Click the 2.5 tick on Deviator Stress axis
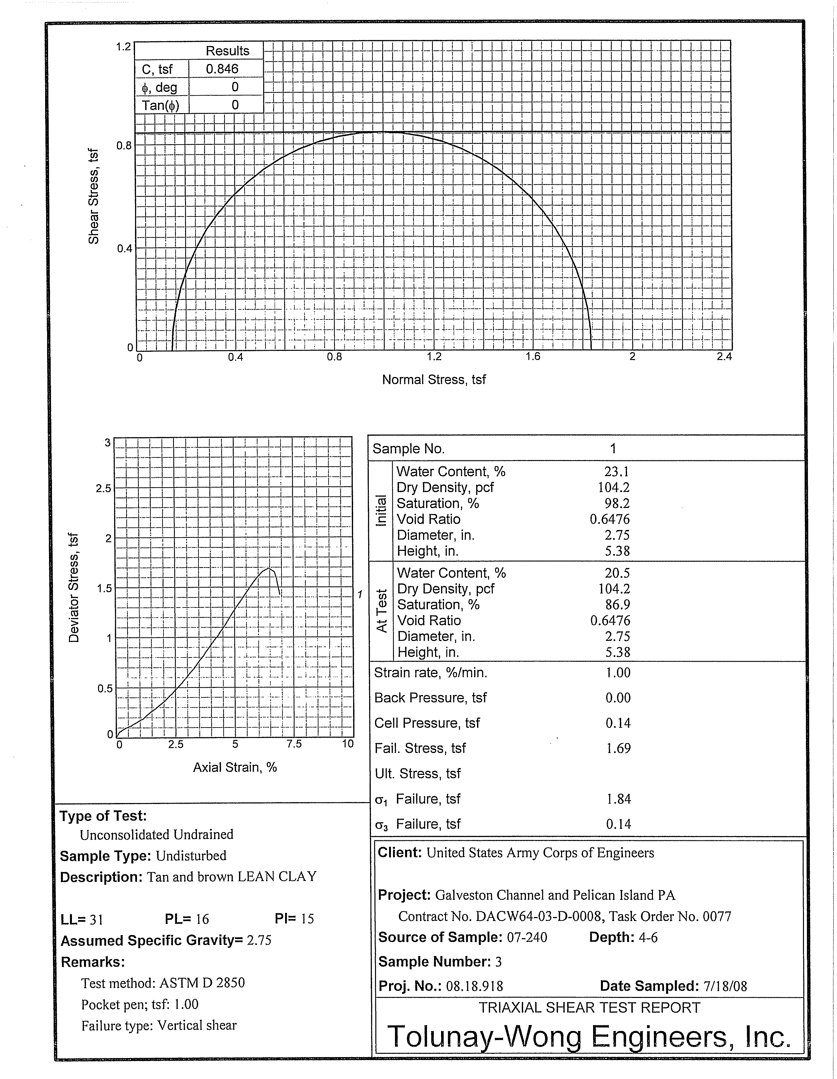click(x=103, y=488)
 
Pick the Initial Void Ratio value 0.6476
click(x=610, y=519)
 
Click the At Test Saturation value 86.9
click(x=618, y=604)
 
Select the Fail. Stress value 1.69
click(x=618, y=748)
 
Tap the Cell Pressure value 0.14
click(x=618, y=723)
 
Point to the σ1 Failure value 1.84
click(x=619, y=799)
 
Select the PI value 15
click(x=307, y=918)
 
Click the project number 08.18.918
click(x=474, y=986)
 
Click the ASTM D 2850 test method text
click(x=202, y=983)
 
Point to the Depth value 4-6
click(x=648, y=937)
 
